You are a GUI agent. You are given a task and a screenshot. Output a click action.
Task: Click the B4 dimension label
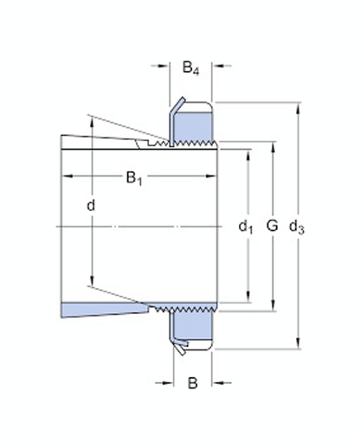(192, 66)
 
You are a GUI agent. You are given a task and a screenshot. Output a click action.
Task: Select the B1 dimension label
(134, 179)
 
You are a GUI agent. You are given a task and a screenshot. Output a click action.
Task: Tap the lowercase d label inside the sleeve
(91, 206)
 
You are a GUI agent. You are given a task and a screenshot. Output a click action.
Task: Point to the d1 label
(245, 227)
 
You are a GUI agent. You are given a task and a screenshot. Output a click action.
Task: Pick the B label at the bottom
(192, 381)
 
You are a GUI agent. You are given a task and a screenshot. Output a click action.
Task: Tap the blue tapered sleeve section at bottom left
(95, 309)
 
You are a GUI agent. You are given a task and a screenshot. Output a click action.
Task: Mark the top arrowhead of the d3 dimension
(299, 106)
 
